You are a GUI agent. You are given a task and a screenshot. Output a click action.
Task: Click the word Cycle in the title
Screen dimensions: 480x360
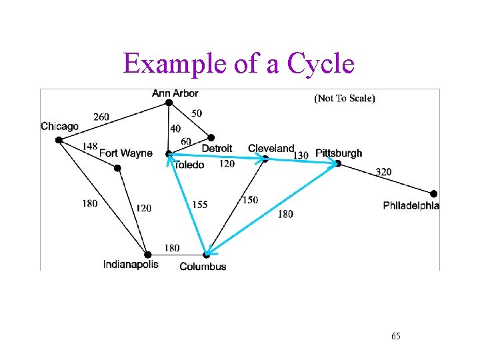[x=321, y=65]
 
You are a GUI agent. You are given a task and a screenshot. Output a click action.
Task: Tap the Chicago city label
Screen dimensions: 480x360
[x=59, y=126]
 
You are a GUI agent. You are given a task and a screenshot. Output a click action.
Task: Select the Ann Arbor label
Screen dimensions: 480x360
[x=175, y=93]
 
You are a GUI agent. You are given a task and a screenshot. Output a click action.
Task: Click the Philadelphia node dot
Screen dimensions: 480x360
[x=434, y=193]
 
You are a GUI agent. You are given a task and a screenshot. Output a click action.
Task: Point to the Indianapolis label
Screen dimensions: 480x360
[x=131, y=265]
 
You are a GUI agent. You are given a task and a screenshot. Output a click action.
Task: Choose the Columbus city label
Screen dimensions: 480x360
[x=203, y=267]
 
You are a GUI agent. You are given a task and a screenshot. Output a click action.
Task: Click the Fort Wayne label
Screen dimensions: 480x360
[x=125, y=153]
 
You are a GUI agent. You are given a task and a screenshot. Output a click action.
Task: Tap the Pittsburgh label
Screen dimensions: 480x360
[x=339, y=153]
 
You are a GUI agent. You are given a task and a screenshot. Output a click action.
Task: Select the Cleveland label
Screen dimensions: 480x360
[x=271, y=148]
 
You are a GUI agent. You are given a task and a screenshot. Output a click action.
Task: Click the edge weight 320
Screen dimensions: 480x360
[x=383, y=172]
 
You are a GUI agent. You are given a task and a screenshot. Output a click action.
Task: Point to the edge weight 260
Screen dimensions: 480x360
[x=101, y=117]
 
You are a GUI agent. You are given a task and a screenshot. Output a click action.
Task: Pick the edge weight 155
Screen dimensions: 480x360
[x=200, y=205]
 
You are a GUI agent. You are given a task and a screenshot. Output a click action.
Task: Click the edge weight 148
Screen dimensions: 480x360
[x=90, y=146]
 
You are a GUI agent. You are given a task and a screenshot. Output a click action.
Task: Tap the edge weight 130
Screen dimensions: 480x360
[x=301, y=155]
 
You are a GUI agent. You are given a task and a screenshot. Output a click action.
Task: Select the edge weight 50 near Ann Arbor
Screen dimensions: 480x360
[x=197, y=113]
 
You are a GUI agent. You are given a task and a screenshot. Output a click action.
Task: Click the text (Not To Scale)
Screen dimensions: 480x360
[x=344, y=98]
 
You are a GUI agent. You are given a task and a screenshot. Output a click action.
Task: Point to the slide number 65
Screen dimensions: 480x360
[x=396, y=336]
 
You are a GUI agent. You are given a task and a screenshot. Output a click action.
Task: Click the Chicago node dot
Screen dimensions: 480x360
[x=59, y=139]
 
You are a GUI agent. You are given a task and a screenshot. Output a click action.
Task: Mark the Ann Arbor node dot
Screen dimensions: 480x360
[x=169, y=103]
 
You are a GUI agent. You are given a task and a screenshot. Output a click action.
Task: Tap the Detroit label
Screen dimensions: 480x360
[x=217, y=148]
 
